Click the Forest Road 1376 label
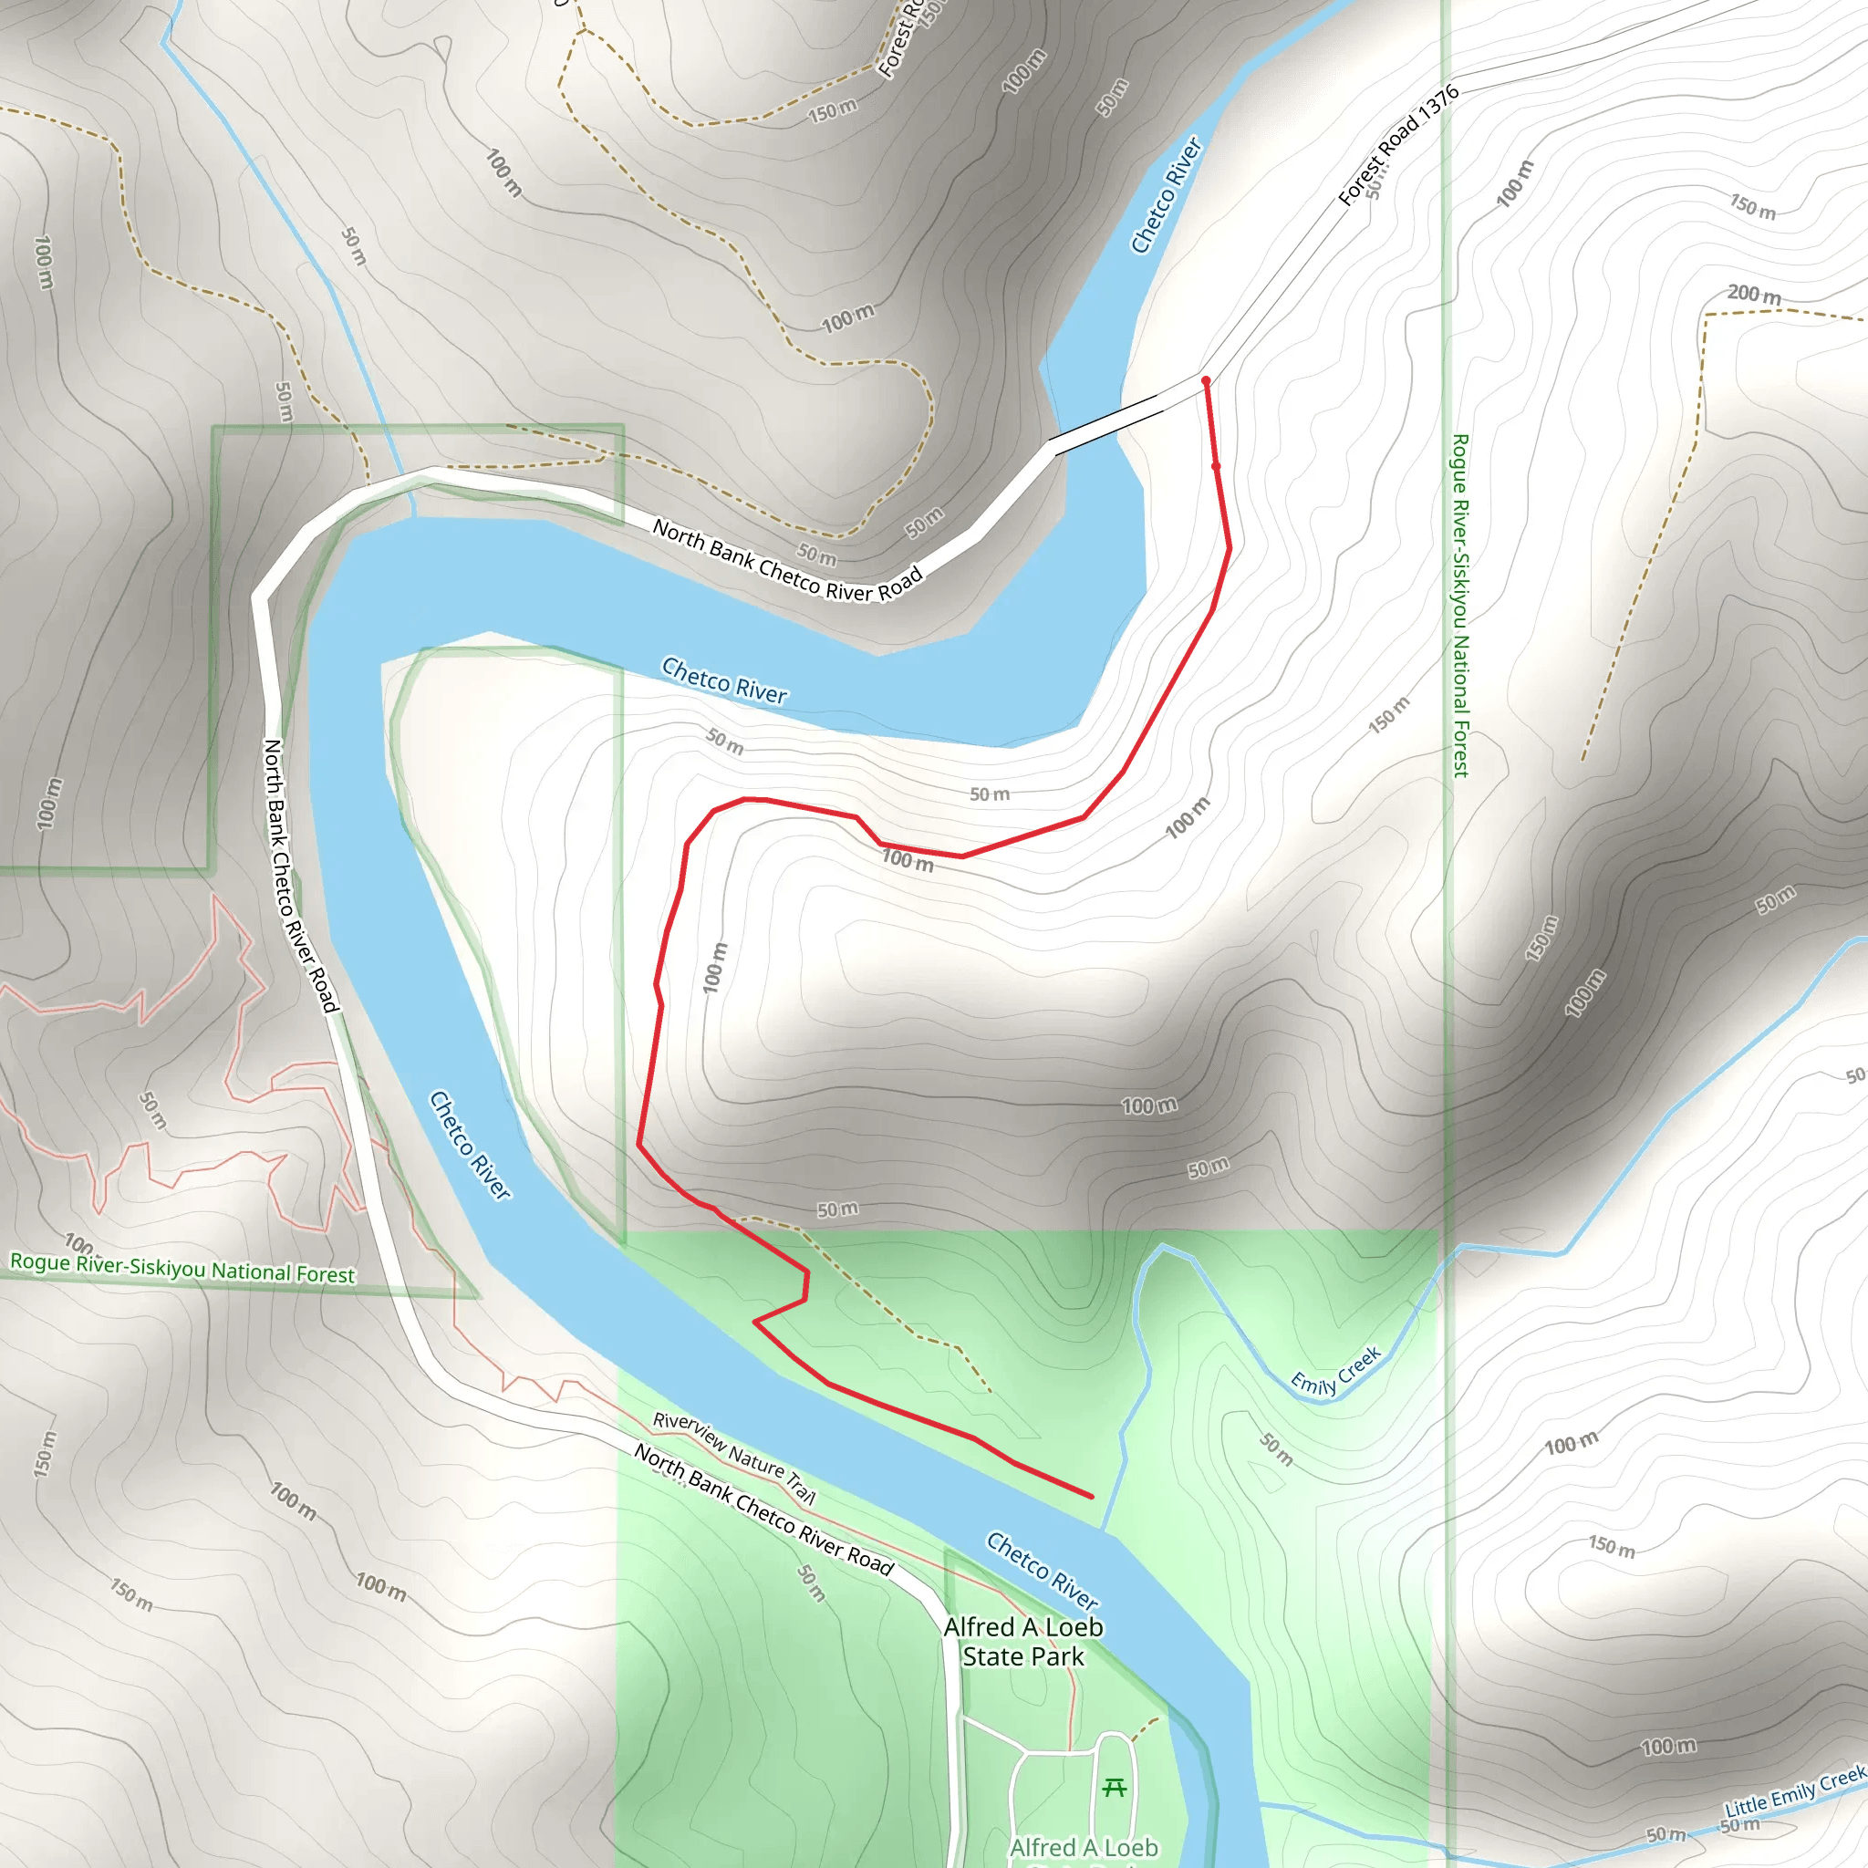coord(1398,146)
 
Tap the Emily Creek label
coord(1336,1371)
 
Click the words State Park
coord(1023,1656)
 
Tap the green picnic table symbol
coord(1114,1787)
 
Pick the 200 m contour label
coord(1754,294)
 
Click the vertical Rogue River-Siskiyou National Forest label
coord(1460,606)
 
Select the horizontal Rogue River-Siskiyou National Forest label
coord(182,1268)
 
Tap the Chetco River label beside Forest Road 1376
coord(1166,195)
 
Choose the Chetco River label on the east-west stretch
coord(724,680)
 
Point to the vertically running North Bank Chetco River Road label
coord(301,876)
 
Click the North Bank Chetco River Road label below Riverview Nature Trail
coord(763,1510)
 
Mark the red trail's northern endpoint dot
coord(1206,381)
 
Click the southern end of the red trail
coord(1092,1497)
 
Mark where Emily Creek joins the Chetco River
coord(1105,1530)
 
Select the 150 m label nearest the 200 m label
coord(1752,206)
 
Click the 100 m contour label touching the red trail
coord(908,858)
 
